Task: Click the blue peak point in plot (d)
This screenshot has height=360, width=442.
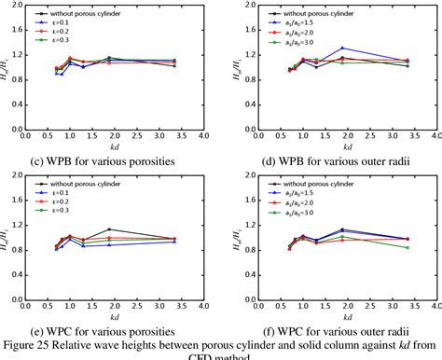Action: pos(343,48)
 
